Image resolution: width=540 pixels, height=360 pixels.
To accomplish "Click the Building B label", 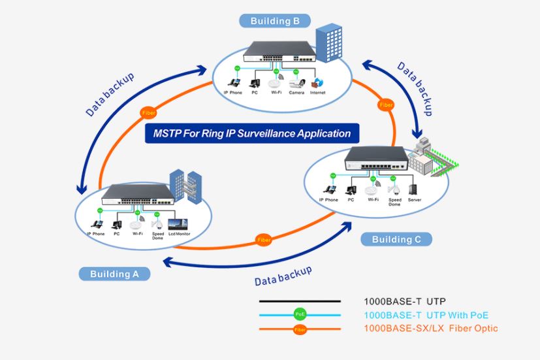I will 275,21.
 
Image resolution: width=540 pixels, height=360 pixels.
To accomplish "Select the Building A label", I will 114,274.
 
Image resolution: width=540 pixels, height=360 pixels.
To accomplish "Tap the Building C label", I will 396,239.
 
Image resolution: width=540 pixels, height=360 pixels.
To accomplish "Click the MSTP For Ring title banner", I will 252,134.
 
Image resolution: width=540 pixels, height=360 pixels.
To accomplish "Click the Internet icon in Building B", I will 318,83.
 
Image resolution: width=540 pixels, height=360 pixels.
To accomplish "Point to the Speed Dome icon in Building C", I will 394,189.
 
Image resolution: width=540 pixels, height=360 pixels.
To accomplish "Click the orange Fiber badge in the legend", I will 300,328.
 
